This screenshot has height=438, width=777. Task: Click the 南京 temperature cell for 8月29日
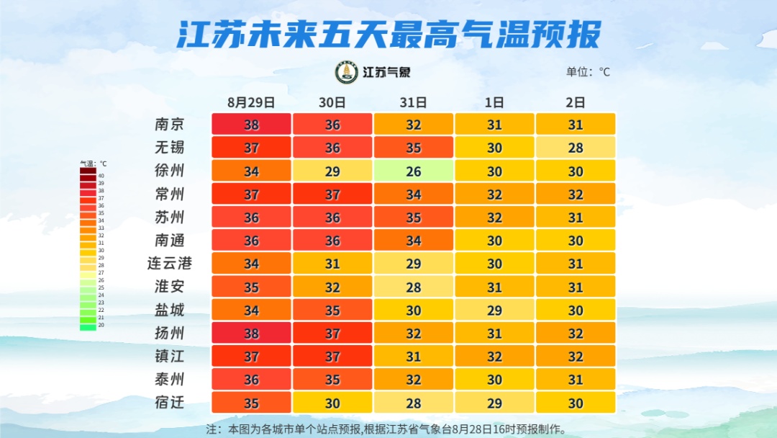pyautogui.click(x=251, y=125)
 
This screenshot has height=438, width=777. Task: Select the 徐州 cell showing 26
pyautogui.click(x=413, y=171)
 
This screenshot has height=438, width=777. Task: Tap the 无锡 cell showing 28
pyautogui.click(x=575, y=148)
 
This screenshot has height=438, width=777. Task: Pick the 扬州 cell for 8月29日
pyautogui.click(x=251, y=333)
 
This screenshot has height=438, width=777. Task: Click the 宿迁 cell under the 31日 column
pyautogui.click(x=413, y=402)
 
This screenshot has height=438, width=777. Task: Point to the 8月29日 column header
pyautogui.click(x=251, y=102)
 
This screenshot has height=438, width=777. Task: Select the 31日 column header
pyautogui.click(x=413, y=102)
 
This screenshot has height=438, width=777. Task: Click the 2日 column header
pyautogui.click(x=575, y=102)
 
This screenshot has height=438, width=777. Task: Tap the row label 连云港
pyautogui.click(x=170, y=263)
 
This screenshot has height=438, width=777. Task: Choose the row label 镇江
pyautogui.click(x=170, y=356)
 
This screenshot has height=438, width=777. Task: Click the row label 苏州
pyautogui.click(x=170, y=217)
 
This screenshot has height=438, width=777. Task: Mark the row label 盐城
pyautogui.click(x=170, y=310)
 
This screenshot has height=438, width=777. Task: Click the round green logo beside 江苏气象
pyautogui.click(x=347, y=72)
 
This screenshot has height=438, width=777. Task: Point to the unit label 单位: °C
pyautogui.click(x=588, y=72)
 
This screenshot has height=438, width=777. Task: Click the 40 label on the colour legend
pyautogui.click(x=101, y=176)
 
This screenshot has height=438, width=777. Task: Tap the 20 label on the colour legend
pyautogui.click(x=101, y=325)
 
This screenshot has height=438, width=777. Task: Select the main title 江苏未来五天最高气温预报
pyautogui.click(x=388, y=35)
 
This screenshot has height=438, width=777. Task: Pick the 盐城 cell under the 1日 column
pyautogui.click(x=494, y=310)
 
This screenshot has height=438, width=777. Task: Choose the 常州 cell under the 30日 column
pyautogui.click(x=332, y=194)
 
